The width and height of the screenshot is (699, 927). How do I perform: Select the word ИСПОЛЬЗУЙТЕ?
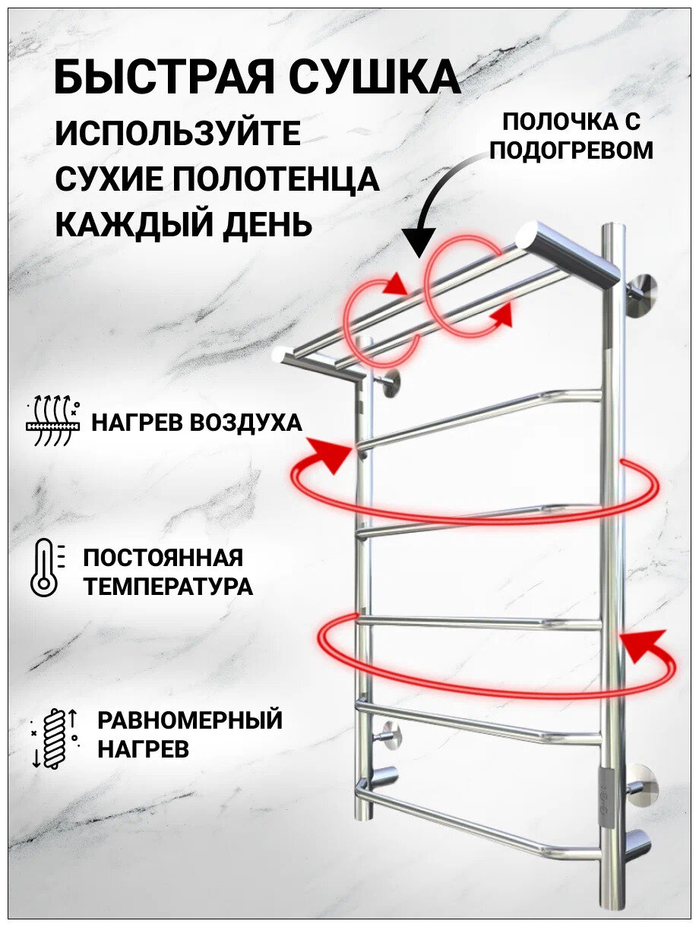[x=178, y=134]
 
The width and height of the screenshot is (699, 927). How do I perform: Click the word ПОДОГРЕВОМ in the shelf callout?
[x=571, y=150]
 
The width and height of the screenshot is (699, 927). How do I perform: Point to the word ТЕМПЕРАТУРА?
[x=168, y=587]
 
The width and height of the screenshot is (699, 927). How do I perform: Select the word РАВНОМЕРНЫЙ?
[x=190, y=720]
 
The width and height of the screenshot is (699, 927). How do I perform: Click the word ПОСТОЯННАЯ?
[x=163, y=558]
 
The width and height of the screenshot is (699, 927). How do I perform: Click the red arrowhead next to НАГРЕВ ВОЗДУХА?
[x=331, y=454]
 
